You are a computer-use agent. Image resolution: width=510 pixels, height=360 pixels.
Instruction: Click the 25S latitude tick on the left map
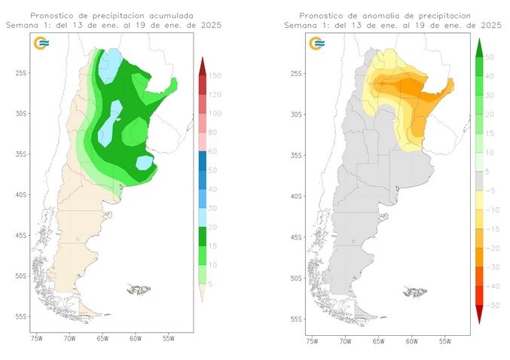click(20, 73)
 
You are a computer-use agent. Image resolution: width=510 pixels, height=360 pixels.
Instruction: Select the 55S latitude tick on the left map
click(20, 316)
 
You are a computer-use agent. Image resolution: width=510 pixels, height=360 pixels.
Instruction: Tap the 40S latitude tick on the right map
click(297, 195)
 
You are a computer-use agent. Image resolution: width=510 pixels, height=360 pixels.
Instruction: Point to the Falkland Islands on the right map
click(415, 288)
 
